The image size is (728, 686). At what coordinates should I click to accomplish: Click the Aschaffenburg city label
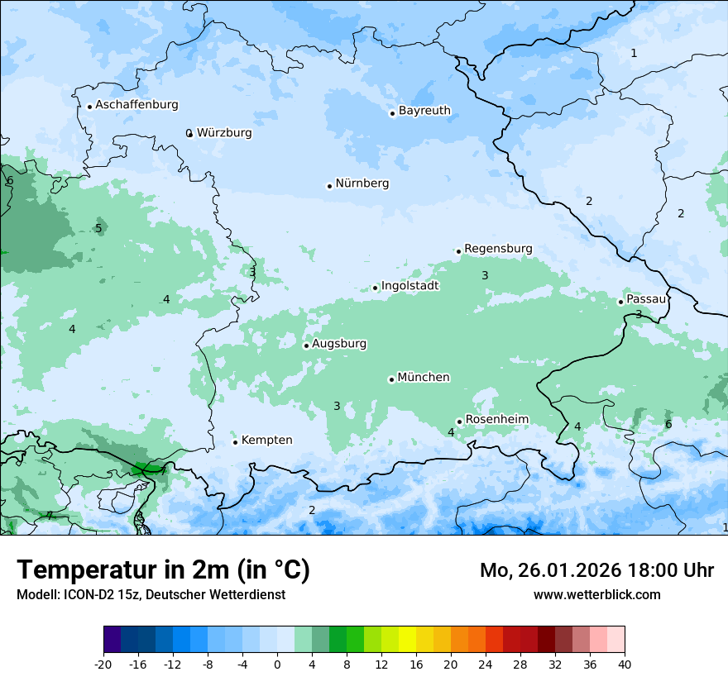[x=136, y=105]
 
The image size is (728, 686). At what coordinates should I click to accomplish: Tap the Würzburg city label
[x=224, y=133]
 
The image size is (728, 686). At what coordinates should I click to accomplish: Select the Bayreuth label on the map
[x=424, y=111]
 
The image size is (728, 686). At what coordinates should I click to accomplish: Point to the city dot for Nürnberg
[x=329, y=186]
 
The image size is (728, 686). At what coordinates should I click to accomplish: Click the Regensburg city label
[x=498, y=249]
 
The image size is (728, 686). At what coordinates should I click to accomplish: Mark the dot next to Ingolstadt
[x=376, y=288]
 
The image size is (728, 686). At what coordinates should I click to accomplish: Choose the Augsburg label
[x=339, y=344]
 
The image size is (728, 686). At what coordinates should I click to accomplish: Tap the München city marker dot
[x=391, y=380]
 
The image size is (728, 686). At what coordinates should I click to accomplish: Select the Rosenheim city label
[x=496, y=420]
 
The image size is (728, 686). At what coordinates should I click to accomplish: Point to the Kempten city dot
[x=235, y=442]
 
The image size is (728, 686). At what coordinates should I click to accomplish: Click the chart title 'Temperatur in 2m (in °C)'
[x=164, y=570]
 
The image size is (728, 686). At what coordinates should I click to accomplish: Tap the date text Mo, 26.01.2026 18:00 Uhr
[x=596, y=570]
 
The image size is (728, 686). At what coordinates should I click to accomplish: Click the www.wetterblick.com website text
[x=596, y=594]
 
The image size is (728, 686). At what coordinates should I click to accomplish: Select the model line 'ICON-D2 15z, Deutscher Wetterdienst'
[x=151, y=594]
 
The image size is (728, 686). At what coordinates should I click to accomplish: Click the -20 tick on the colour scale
[x=103, y=665]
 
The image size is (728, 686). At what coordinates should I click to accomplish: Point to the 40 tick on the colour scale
[x=625, y=665]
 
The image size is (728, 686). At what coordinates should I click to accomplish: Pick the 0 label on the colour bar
[x=277, y=665]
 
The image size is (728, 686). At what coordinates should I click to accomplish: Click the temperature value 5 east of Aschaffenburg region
[x=98, y=229]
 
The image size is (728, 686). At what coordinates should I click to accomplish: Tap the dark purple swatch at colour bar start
[x=113, y=640]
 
